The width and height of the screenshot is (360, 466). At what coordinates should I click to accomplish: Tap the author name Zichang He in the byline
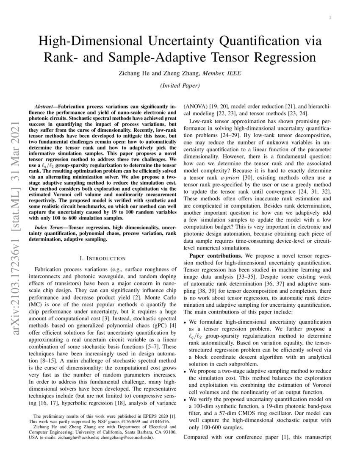(x=134, y=73)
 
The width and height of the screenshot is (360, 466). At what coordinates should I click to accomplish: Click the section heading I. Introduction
(x=103, y=258)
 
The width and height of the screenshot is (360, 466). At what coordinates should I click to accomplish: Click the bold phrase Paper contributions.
(x=216, y=256)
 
